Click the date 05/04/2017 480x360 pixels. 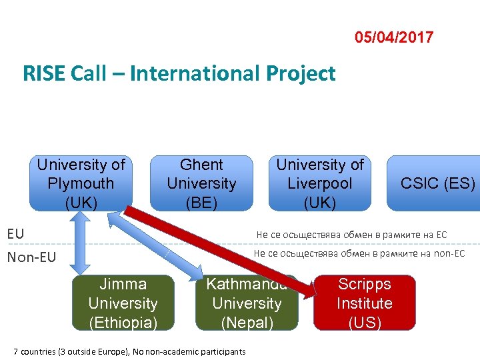pos(394,37)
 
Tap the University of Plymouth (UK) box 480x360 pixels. pos(81,183)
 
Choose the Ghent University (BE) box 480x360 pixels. pos(201,183)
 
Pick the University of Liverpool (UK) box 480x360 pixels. pos(320,183)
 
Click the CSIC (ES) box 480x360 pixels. pos(437,183)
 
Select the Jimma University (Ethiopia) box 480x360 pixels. pos(123,303)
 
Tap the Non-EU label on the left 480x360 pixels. pos(31,257)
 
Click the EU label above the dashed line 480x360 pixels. pos(15,234)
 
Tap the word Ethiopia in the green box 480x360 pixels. pos(123,323)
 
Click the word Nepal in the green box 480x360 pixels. pos(247,323)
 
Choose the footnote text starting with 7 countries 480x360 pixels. pos(129,351)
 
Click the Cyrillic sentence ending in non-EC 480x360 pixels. pos(359,253)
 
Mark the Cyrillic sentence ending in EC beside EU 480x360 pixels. pos(351,234)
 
